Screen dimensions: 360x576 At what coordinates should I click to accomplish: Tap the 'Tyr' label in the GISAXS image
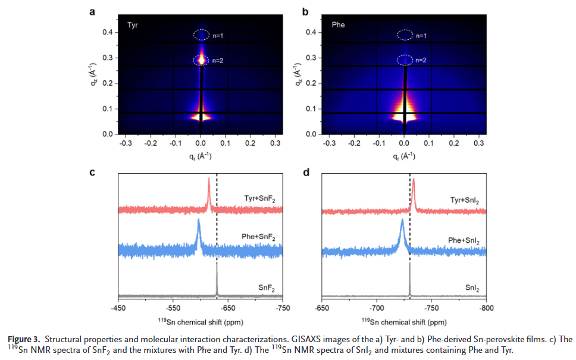coord(133,26)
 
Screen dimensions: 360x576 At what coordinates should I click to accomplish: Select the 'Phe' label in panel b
coord(338,26)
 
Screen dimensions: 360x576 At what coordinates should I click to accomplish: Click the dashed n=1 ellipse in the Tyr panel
coord(201,35)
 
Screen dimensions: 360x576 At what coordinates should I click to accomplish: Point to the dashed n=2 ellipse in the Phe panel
coord(405,60)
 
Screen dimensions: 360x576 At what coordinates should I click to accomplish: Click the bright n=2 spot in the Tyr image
coord(201,60)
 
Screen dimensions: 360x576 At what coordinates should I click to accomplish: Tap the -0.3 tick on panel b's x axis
coord(328,143)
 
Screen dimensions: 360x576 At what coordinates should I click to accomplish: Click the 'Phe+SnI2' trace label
coord(464,240)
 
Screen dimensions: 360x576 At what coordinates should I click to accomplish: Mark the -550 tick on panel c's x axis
coord(173,308)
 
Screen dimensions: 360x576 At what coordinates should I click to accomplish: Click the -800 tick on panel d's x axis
coord(486,308)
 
